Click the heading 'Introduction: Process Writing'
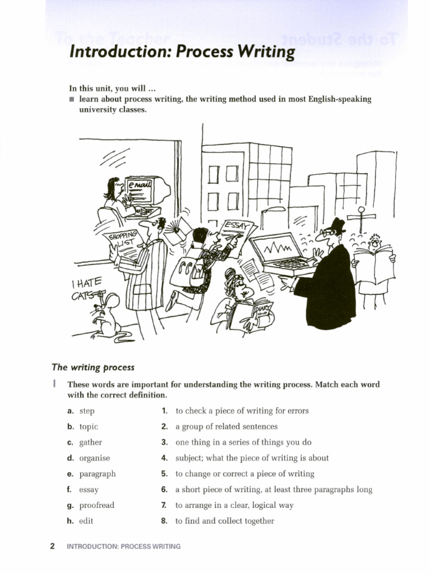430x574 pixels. (x=181, y=52)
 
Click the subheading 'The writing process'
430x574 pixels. (x=93, y=368)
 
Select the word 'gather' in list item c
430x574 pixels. (x=91, y=442)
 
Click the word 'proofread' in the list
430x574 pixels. (x=97, y=505)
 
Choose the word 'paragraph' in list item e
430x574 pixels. (x=97, y=474)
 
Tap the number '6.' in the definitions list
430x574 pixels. (x=165, y=489)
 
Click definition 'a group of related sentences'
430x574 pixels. (x=226, y=427)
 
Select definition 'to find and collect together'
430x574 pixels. (x=225, y=521)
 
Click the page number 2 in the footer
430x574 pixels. (x=52, y=547)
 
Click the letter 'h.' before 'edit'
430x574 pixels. (x=70, y=521)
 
